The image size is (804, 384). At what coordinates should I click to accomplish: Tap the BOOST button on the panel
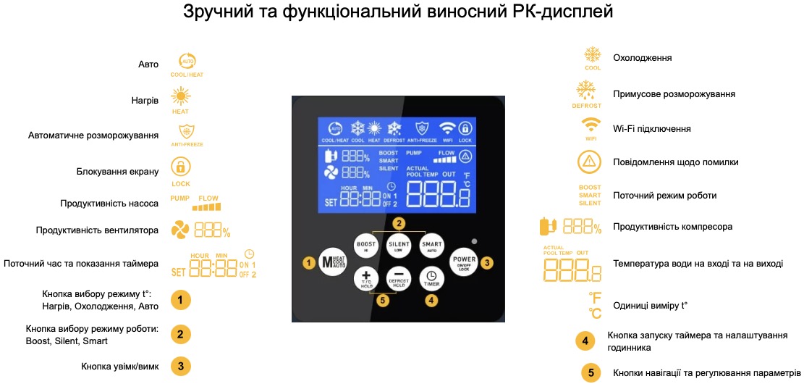[366, 246]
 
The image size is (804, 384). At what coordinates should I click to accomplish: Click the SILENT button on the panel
[399, 246]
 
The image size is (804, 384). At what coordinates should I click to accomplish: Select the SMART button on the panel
[431, 246]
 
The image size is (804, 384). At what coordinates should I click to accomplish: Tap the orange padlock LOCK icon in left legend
[180, 167]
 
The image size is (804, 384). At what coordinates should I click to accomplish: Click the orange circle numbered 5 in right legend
[591, 373]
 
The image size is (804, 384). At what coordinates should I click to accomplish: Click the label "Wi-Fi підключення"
[651, 129]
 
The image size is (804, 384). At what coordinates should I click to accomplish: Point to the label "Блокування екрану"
[117, 172]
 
